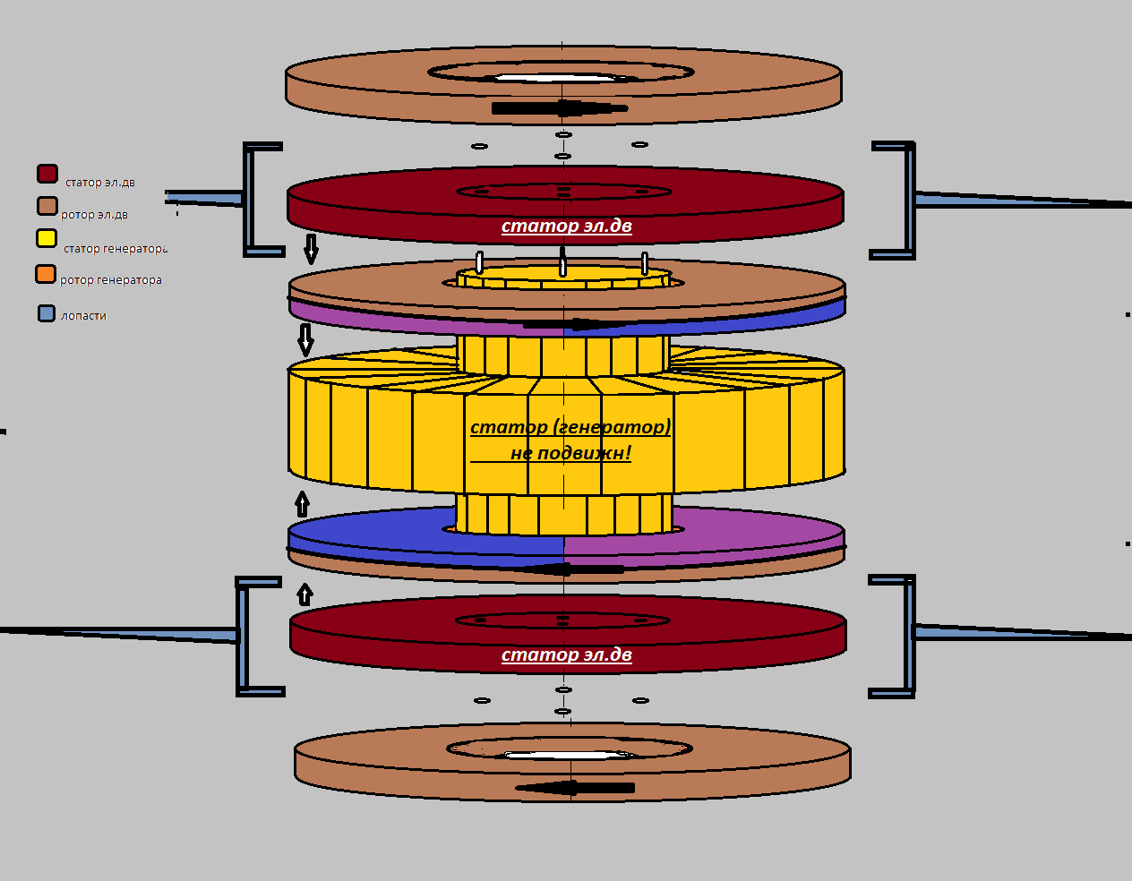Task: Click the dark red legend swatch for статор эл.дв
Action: point(47,174)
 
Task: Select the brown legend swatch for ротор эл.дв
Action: point(47,206)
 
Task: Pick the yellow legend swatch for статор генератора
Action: point(47,238)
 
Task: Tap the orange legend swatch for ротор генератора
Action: point(46,274)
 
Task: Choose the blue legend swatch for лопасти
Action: point(47,313)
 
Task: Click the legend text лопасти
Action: point(83,315)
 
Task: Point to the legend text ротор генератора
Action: point(111,279)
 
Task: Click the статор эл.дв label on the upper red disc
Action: point(567,226)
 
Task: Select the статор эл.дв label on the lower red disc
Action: point(567,655)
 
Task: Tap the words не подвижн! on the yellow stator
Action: point(571,453)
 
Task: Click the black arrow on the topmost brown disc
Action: point(560,108)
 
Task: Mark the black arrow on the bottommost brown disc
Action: point(575,787)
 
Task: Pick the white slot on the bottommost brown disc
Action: point(568,755)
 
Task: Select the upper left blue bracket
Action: point(248,200)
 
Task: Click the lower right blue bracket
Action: point(909,637)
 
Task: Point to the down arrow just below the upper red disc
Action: point(311,249)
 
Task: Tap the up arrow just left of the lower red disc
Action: point(304,594)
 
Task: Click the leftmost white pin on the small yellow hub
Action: point(480,262)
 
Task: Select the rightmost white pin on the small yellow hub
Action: point(645,263)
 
